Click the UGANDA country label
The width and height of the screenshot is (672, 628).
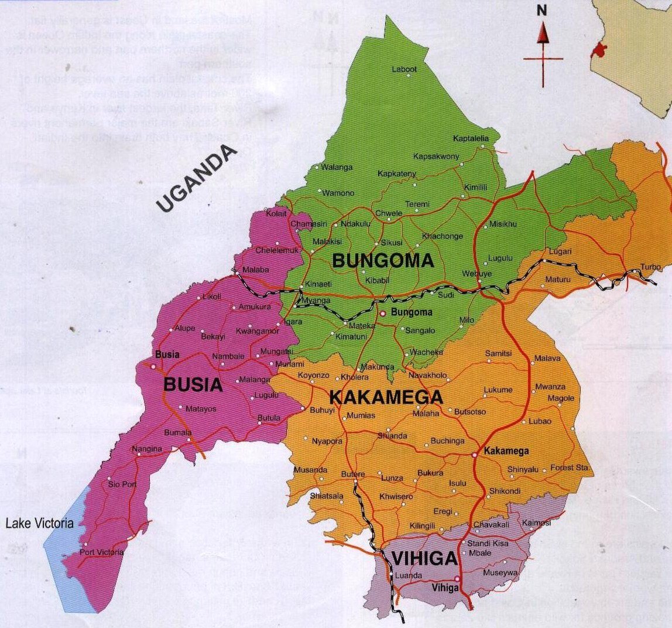point(197,178)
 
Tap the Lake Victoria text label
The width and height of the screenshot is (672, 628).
point(39,523)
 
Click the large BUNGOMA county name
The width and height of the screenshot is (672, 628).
point(383,261)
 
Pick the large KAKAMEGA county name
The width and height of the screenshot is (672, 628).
point(386,398)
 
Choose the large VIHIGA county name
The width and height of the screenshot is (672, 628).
point(424,559)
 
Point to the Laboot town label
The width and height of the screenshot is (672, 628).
point(404,69)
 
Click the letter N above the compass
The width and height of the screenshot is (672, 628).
point(542,10)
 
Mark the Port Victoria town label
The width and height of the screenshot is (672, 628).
point(102,552)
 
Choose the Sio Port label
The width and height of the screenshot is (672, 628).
point(122,484)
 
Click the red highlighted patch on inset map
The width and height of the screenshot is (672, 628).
point(598,50)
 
